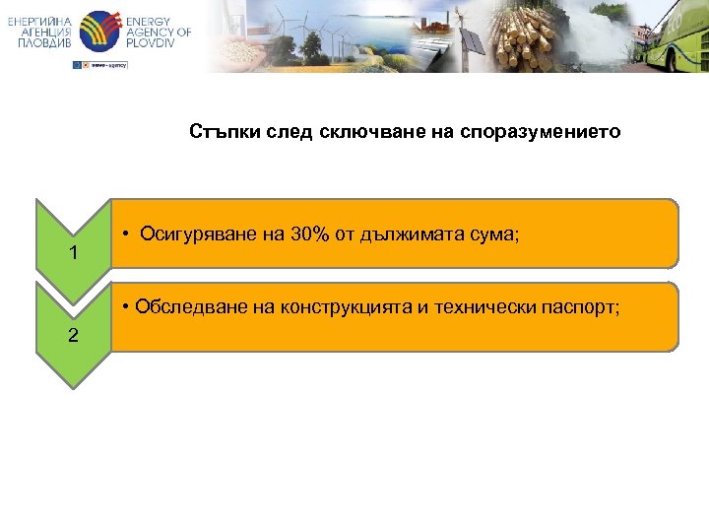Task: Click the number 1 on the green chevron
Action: pos(73,254)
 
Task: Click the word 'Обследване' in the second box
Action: pos(184,306)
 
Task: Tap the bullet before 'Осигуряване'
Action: pos(128,234)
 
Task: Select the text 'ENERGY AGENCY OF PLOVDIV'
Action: pos(158,33)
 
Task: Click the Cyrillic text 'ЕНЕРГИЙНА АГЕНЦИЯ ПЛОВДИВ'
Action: pos(39,33)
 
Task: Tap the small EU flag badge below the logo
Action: pos(79,65)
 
